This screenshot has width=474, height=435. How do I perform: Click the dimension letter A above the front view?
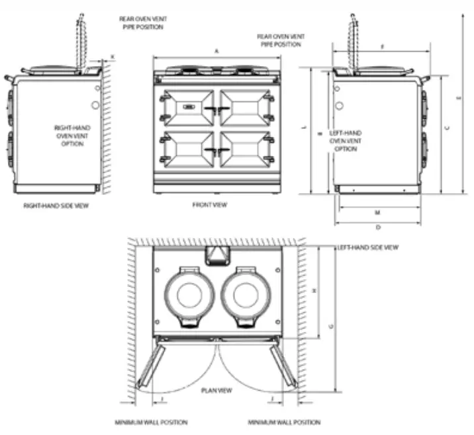[x=216, y=51]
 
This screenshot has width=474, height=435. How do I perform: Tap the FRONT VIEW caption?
[x=210, y=205]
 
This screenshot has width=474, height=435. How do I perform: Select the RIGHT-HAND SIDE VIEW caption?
[x=56, y=206]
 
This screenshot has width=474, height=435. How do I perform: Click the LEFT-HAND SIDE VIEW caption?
[x=367, y=247]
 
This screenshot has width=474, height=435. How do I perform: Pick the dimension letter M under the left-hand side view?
[x=377, y=213]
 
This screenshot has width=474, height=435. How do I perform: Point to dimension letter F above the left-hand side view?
[x=383, y=46]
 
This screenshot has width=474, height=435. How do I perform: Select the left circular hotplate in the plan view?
[x=187, y=292]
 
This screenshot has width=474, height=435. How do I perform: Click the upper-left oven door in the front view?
[x=186, y=108]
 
